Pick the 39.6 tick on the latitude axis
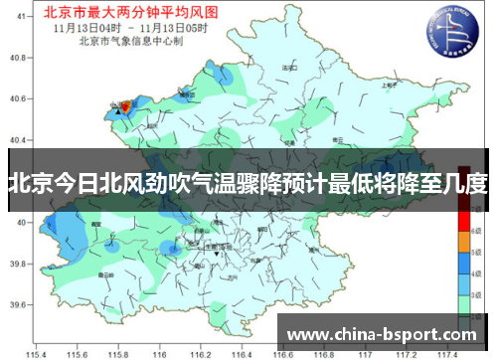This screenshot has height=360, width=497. point(16,295)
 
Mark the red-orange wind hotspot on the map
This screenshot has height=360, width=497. point(124,104)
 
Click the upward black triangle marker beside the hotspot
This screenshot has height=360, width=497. point(118,112)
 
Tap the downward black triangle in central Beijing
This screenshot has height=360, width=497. point(217,255)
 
